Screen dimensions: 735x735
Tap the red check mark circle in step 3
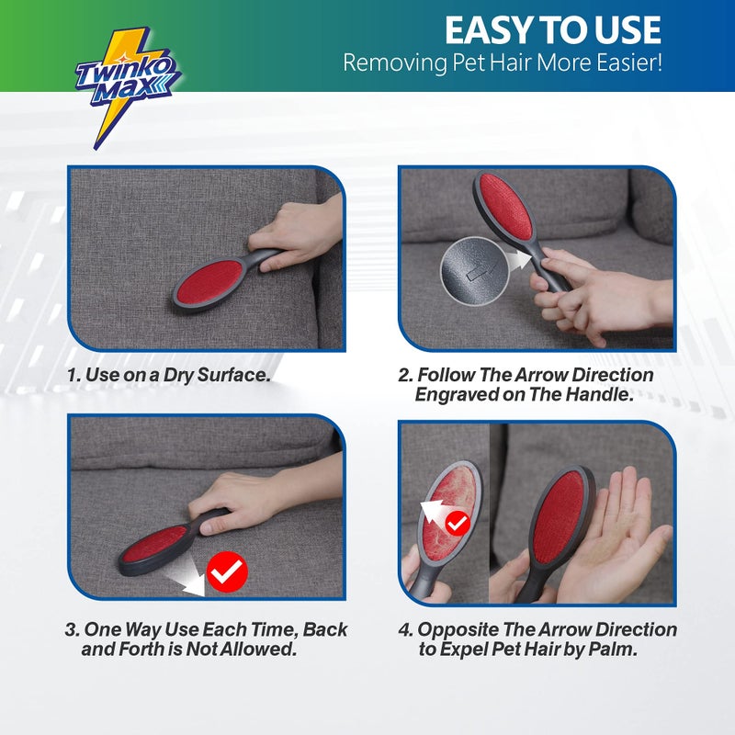tap(226, 572)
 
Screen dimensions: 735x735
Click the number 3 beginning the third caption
tap(71, 630)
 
